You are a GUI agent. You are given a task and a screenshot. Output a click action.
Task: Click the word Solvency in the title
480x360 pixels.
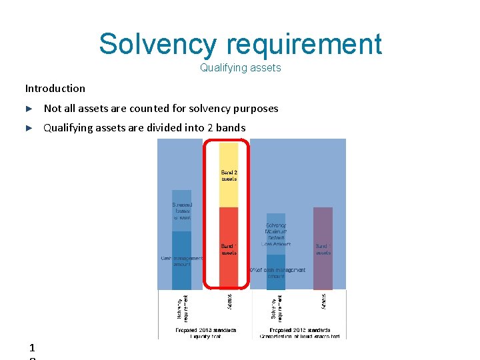[x=157, y=44]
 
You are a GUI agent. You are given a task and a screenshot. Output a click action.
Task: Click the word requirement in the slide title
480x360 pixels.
[x=304, y=44]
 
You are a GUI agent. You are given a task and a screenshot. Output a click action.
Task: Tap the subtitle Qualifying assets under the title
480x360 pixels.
[x=240, y=67]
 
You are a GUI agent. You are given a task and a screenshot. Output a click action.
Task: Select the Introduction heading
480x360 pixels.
[x=55, y=88]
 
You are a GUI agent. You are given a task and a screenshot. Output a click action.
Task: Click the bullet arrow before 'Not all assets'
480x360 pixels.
[x=29, y=108]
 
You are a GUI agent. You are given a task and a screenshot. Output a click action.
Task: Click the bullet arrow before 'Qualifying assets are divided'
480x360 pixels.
[x=29, y=127]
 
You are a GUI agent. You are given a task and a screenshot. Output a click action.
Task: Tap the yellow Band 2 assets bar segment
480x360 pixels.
[x=229, y=175]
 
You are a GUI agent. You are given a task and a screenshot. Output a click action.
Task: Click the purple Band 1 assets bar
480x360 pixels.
[x=323, y=248]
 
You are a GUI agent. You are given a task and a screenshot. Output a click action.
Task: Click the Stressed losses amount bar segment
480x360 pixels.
[x=181, y=211]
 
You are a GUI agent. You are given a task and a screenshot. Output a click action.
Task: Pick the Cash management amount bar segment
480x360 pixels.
[x=181, y=260]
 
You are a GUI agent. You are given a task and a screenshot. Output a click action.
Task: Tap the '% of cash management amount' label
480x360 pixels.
[x=277, y=270]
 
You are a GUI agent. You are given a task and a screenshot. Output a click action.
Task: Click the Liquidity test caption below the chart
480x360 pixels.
[x=206, y=333]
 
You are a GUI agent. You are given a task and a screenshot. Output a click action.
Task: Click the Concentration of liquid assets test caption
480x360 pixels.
[x=299, y=333]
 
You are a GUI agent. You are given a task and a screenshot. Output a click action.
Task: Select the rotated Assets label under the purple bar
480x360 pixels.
[x=323, y=301]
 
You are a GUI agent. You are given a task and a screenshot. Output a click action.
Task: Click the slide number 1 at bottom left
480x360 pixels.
[x=32, y=347]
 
